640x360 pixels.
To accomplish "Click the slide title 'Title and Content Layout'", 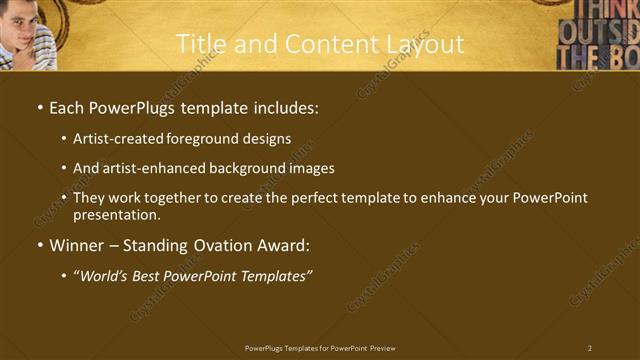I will pos(320,44).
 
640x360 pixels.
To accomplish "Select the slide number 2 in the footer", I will pos(590,347).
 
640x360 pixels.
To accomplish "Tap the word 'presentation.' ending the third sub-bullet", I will pos(117,214).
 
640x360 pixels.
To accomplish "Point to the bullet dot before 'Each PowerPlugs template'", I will pos(39,108).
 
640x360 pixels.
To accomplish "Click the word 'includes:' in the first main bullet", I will pos(288,107).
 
